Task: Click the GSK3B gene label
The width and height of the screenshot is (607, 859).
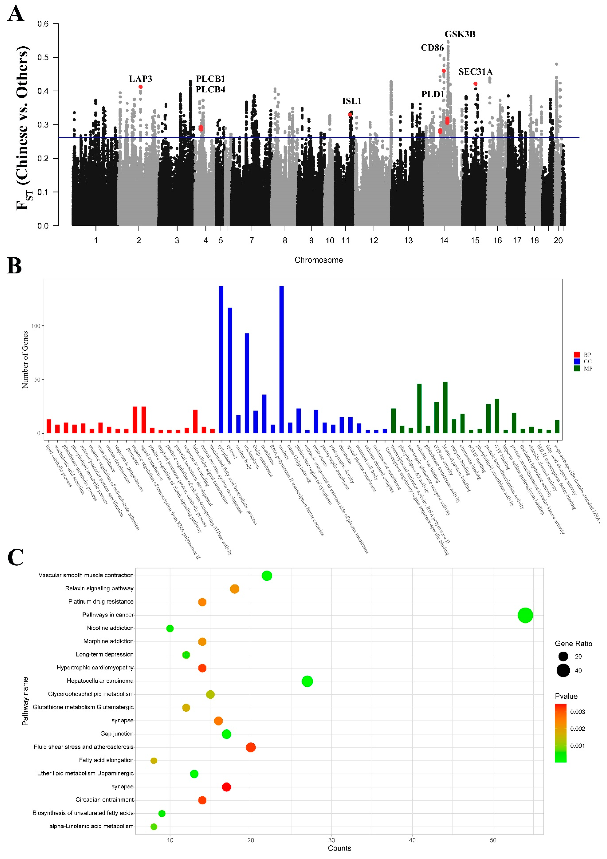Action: click(460, 34)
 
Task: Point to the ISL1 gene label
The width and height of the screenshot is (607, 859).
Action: click(351, 101)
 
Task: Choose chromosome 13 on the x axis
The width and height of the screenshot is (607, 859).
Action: click(408, 241)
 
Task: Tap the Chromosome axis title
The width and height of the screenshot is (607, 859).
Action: click(318, 260)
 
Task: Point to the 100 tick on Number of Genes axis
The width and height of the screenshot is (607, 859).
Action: click(35, 326)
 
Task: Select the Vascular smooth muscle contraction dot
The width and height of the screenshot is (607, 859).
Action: click(266, 576)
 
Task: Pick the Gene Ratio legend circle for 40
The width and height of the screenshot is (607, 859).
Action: click(563, 670)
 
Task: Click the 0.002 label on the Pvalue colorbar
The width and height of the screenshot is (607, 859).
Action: click(578, 729)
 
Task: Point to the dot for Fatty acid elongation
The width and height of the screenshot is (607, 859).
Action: click(154, 761)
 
